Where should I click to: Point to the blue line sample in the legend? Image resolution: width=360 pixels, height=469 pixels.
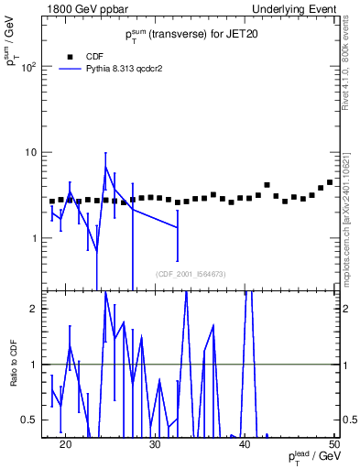(70, 68)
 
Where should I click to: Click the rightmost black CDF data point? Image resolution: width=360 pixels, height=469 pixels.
(330, 182)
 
